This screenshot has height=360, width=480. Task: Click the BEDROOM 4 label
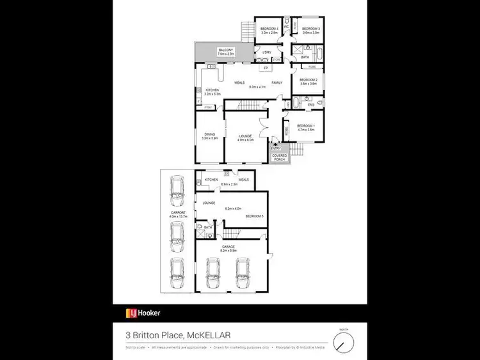268,29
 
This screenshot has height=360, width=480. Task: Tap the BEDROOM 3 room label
310,29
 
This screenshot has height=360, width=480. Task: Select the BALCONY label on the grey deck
225,50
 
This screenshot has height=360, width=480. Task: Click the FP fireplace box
266,68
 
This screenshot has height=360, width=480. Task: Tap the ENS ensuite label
311,104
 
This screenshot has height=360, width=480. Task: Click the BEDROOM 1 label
305,125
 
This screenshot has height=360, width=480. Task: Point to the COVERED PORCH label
279,157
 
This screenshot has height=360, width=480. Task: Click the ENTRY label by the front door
275,148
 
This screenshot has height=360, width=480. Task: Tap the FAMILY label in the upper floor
277,82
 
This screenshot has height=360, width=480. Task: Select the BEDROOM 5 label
255,216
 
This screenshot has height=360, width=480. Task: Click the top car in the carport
175,190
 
